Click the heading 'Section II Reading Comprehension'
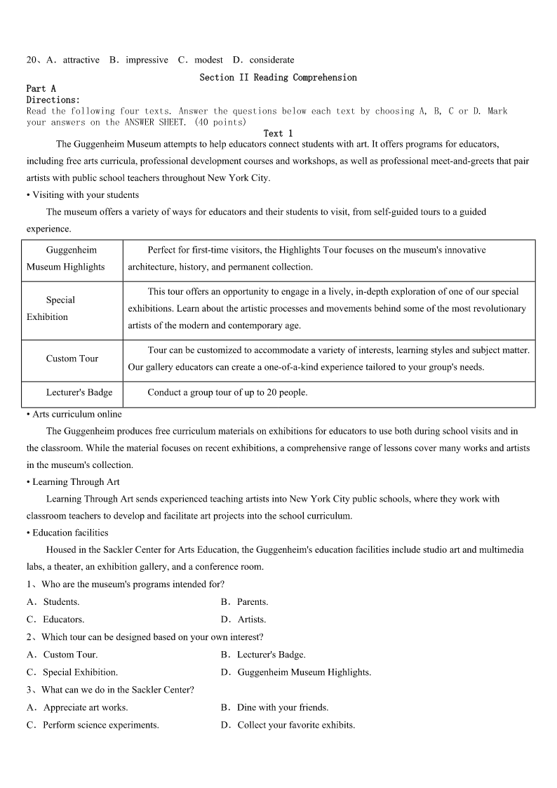click(x=278, y=77)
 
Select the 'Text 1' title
click(x=278, y=133)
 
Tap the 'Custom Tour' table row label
click(x=72, y=359)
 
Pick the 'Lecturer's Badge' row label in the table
click(x=79, y=392)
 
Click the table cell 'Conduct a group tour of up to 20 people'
click(x=227, y=392)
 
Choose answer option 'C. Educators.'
click(x=55, y=620)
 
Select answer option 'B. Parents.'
click(x=244, y=602)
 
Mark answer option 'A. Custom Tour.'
click(x=62, y=655)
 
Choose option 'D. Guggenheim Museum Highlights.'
click(x=295, y=672)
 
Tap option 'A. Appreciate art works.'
click(x=77, y=707)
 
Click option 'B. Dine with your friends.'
click(x=274, y=707)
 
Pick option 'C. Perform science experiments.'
click(x=93, y=725)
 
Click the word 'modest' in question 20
click(x=208, y=60)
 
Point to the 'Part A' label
click(x=41, y=88)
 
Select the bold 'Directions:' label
click(x=53, y=100)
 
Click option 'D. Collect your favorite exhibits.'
click(x=288, y=725)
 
